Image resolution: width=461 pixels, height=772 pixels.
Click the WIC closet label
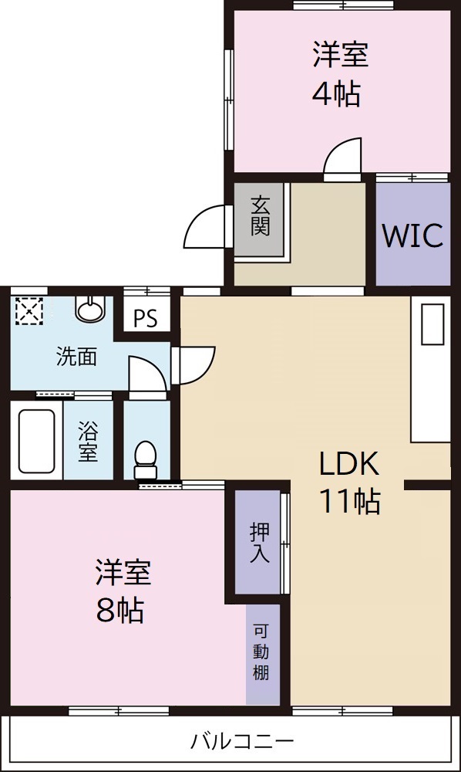click(412, 235)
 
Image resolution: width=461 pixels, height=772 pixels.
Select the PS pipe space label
click(145, 319)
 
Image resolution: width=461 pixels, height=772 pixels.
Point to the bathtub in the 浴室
click(36, 440)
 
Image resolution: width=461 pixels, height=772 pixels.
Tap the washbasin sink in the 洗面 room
click(89, 309)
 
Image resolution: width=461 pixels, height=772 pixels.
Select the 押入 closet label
click(258, 542)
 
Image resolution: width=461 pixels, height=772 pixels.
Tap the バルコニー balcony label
click(242, 743)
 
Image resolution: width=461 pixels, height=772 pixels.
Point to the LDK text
click(349, 465)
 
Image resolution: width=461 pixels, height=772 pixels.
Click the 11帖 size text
click(349, 502)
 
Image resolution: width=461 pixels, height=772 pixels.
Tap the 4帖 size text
click(336, 94)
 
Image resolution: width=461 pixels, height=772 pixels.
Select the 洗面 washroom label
click(76, 357)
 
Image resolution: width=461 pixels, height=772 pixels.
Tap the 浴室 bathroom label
click(88, 441)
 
